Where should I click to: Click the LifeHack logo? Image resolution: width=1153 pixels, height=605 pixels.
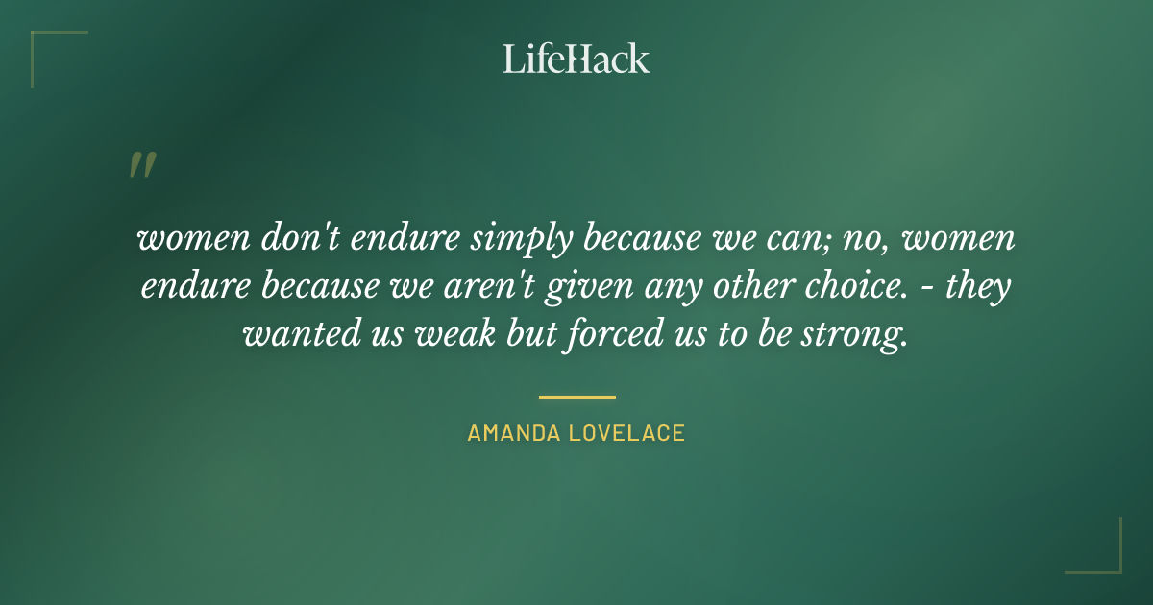[x=576, y=59]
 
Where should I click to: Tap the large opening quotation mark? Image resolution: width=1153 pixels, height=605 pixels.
[x=141, y=165]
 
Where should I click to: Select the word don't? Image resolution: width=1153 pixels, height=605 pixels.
[x=294, y=239]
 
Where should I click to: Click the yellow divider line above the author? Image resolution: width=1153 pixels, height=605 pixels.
[x=576, y=396]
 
